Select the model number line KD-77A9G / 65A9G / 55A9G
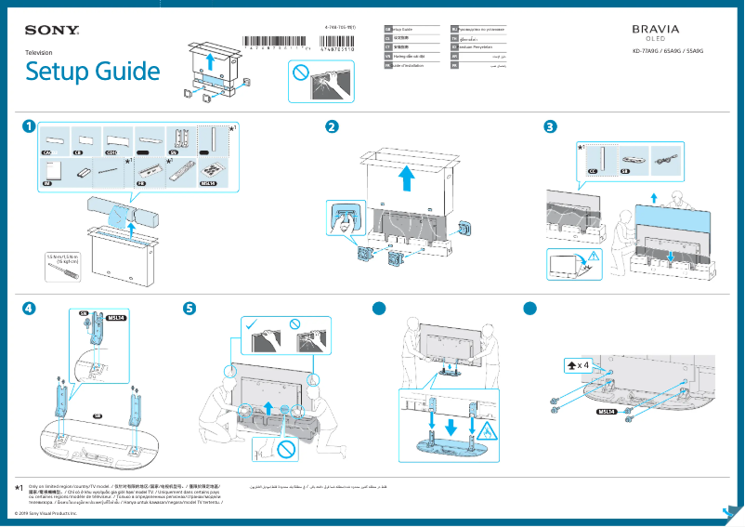coord(662,52)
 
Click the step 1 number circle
coord(31,125)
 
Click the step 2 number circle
coord(332,125)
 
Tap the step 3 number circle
coord(551,125)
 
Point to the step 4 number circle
coord(31,308)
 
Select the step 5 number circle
coord(190,308)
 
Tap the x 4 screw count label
coord(581,365)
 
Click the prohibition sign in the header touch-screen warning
coord(300,72)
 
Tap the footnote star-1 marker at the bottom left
coord(20,487)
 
